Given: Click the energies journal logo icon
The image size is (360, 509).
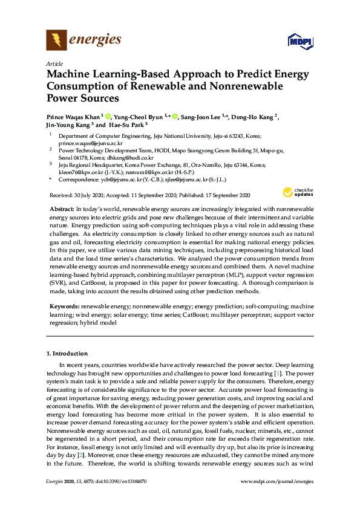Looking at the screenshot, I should point(56,41).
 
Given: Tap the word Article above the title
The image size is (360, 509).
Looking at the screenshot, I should point(54,63).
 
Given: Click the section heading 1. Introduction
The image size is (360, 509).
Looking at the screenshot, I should point(67,353).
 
